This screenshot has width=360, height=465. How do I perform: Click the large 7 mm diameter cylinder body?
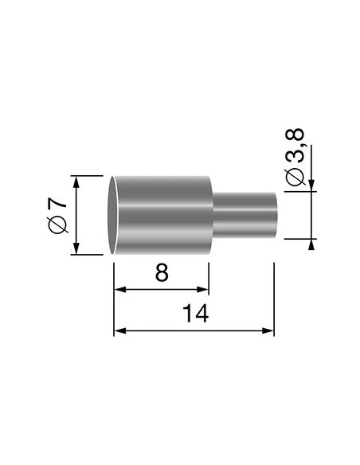coord(163,215)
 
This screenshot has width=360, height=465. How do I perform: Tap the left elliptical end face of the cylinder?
coord(114,215)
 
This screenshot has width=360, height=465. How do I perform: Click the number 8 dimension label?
coord(162,272)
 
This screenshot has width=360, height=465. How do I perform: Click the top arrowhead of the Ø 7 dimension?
coord(77,182)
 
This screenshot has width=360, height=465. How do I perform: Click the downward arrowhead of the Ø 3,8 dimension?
coord(311,186)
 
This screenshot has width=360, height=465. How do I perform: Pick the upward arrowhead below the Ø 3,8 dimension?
coord(311,244)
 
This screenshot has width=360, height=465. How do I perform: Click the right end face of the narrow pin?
coord(276,214)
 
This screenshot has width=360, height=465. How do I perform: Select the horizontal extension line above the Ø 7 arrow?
coord(88,175)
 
